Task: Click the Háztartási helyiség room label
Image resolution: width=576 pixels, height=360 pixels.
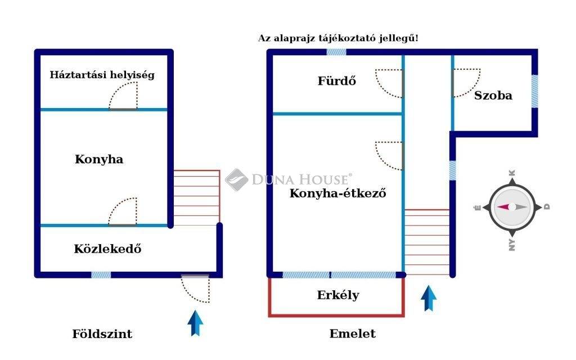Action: [102, 74]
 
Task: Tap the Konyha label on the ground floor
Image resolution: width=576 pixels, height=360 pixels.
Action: [99, 159]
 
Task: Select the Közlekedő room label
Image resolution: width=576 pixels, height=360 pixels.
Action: [107, 248]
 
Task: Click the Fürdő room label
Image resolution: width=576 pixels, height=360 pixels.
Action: [337, 80]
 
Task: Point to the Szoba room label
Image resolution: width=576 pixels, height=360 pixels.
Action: [493, 95]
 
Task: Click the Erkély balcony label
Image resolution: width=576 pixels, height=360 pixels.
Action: [338, 295]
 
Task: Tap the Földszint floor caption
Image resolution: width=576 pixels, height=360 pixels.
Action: [102, 334]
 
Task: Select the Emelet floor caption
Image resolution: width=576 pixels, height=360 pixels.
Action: [353, 334]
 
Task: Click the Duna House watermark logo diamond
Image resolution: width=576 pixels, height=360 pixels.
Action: [236, 180]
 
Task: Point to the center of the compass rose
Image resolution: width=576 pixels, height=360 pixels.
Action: [512, 207]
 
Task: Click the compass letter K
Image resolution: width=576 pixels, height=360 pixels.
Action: [512, 173]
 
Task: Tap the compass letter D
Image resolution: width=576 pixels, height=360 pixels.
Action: [547, 207]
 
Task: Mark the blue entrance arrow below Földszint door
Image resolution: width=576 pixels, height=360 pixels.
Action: [196, 323]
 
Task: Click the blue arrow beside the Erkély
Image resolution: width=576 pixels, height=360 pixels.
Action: [429, 298]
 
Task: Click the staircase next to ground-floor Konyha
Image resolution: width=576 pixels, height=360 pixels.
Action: [196, 197]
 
